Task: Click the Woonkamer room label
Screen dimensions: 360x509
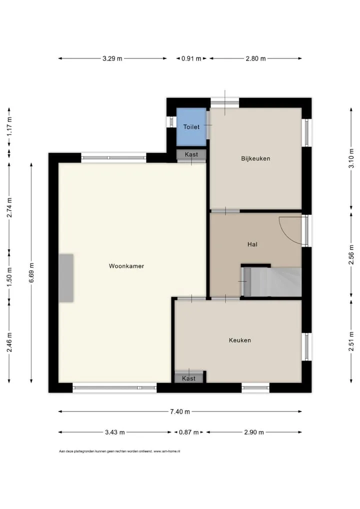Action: pos(126,266)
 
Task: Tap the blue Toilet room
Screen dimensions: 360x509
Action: pos(191,127)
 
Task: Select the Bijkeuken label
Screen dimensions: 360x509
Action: pos(255,158)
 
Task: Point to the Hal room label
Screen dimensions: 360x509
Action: pos(252,244)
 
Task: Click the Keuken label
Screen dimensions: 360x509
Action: pos(240,340)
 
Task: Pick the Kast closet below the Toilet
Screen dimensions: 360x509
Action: pos(191,154)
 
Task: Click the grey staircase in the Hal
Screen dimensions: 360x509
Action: pos(272,282)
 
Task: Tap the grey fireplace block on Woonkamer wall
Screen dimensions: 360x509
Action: pos(66,278)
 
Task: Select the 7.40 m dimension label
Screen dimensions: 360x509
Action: pos(180,411)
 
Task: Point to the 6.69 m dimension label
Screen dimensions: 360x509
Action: pos(31,272)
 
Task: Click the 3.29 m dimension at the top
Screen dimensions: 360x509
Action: pos(112,59)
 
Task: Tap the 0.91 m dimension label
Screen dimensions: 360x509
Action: pos(191,59)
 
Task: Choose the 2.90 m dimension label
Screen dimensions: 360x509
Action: pos(254,432)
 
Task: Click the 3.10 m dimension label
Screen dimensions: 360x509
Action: pos(351,158)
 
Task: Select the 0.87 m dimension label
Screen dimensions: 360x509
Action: pos(188,432)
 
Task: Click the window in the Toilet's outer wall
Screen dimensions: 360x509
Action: pos(171,121)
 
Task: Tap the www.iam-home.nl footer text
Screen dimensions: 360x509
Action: pos(167,451)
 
